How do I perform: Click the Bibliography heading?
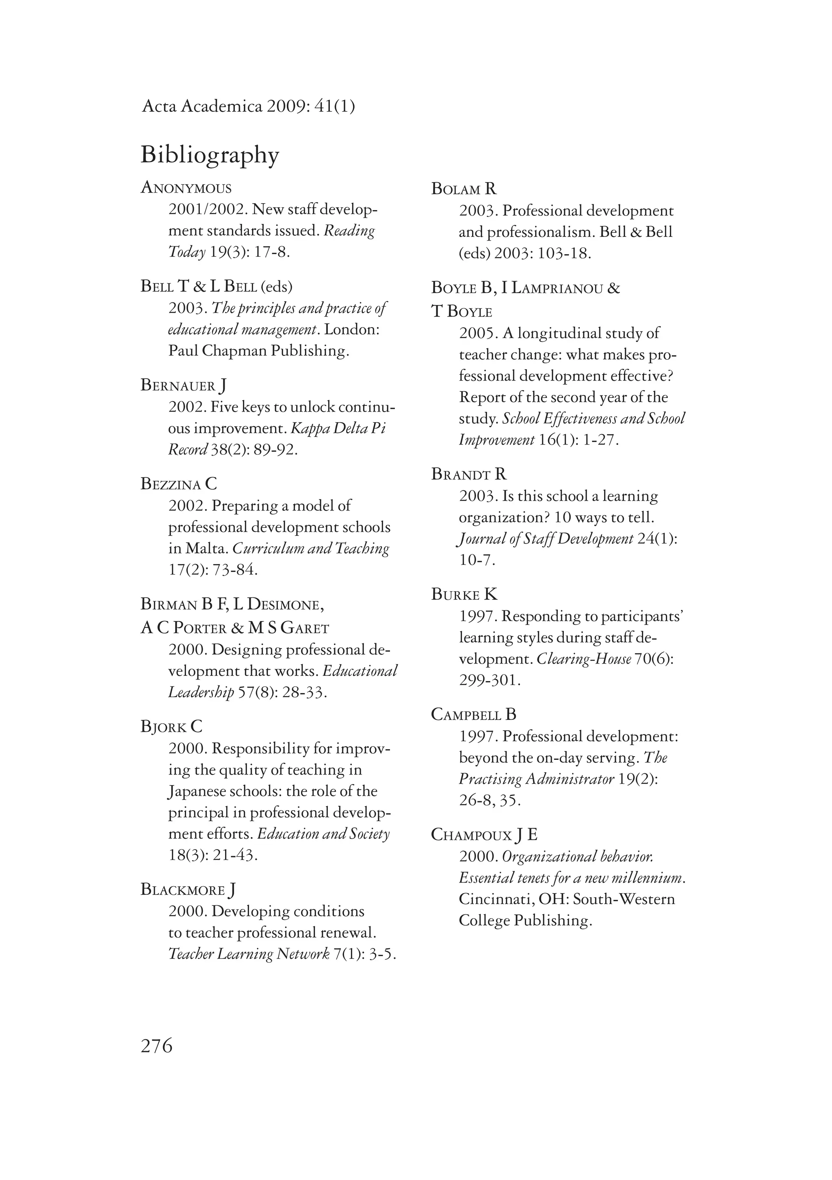point(210,155)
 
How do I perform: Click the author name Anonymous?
point(186,188)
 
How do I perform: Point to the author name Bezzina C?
point(179,484)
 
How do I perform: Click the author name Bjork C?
point(172,727)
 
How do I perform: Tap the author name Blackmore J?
point(188,889)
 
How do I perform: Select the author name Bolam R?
point(464,189)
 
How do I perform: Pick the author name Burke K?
point(464,594)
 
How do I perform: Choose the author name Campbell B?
point(473,714)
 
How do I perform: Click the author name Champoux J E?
point(484,835)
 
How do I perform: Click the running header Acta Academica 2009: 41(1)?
point(248,106)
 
